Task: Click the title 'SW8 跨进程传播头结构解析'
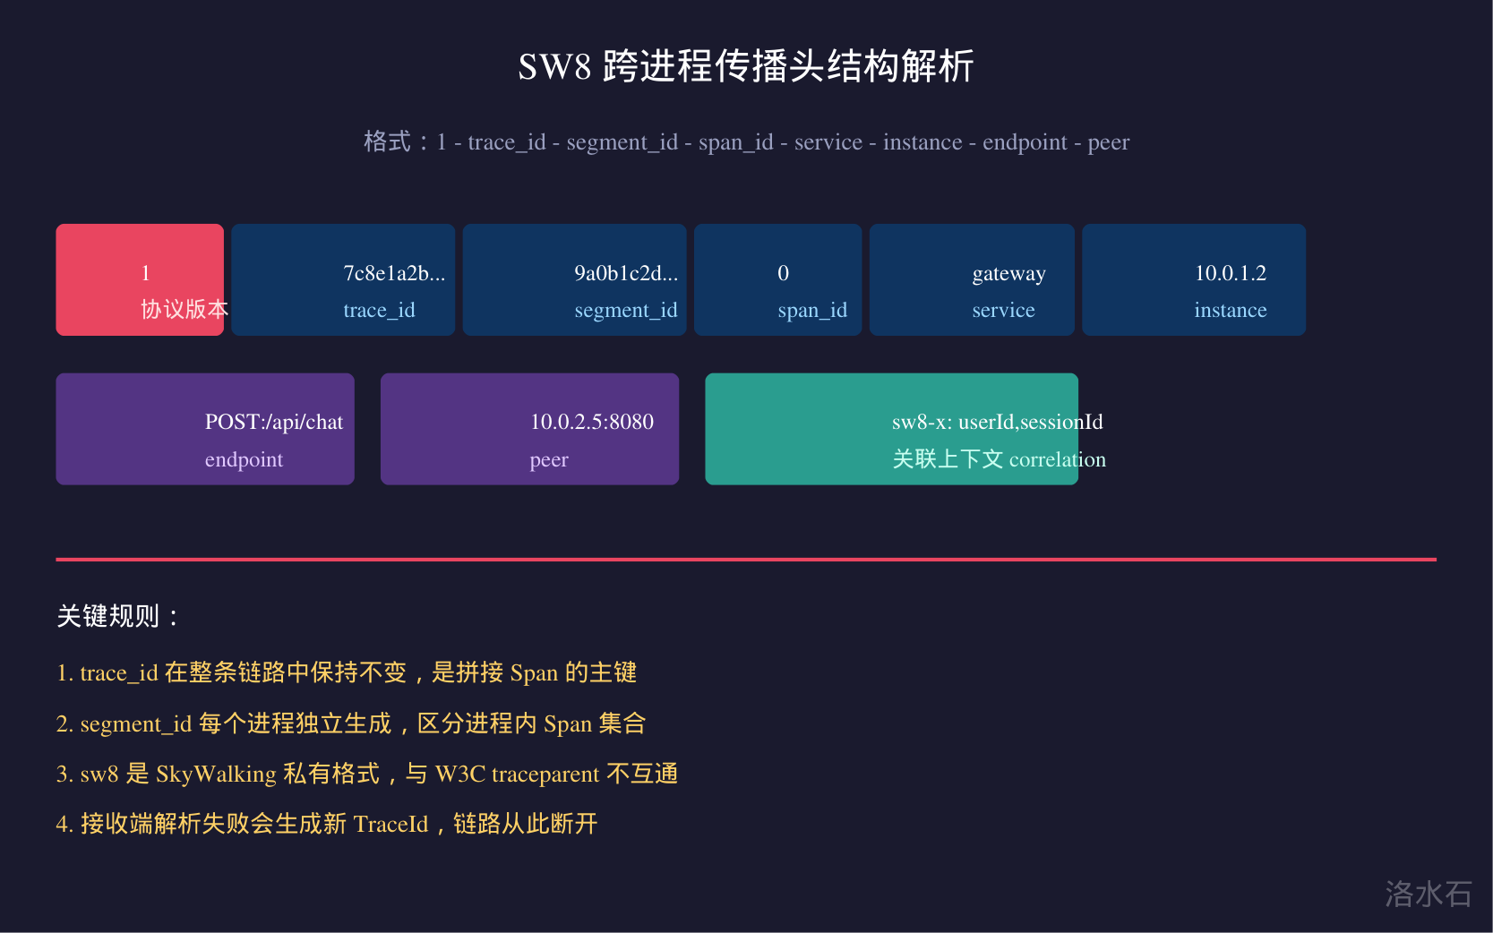(746, 66)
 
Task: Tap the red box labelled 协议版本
(140, 280)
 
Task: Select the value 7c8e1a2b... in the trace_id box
(394, 273)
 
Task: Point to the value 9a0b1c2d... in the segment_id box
(626, 273)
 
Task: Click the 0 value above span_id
(783, 273)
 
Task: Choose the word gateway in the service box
(1009, 274)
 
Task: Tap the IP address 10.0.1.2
(1231, 273)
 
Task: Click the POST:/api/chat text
(274, 422)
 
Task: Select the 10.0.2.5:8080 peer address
(592, 422)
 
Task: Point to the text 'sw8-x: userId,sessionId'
(997, 422)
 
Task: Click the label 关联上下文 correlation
(1000, 459)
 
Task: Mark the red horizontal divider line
(746, 560)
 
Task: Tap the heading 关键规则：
(118, 616)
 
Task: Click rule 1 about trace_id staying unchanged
(347, 672)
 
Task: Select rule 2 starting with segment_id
(350, 723)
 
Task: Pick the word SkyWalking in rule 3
(216, 775)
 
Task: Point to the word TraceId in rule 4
(390, 825)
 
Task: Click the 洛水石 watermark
(1429, 894)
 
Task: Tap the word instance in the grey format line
(922, 142)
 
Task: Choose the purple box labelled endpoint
(205, 429)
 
